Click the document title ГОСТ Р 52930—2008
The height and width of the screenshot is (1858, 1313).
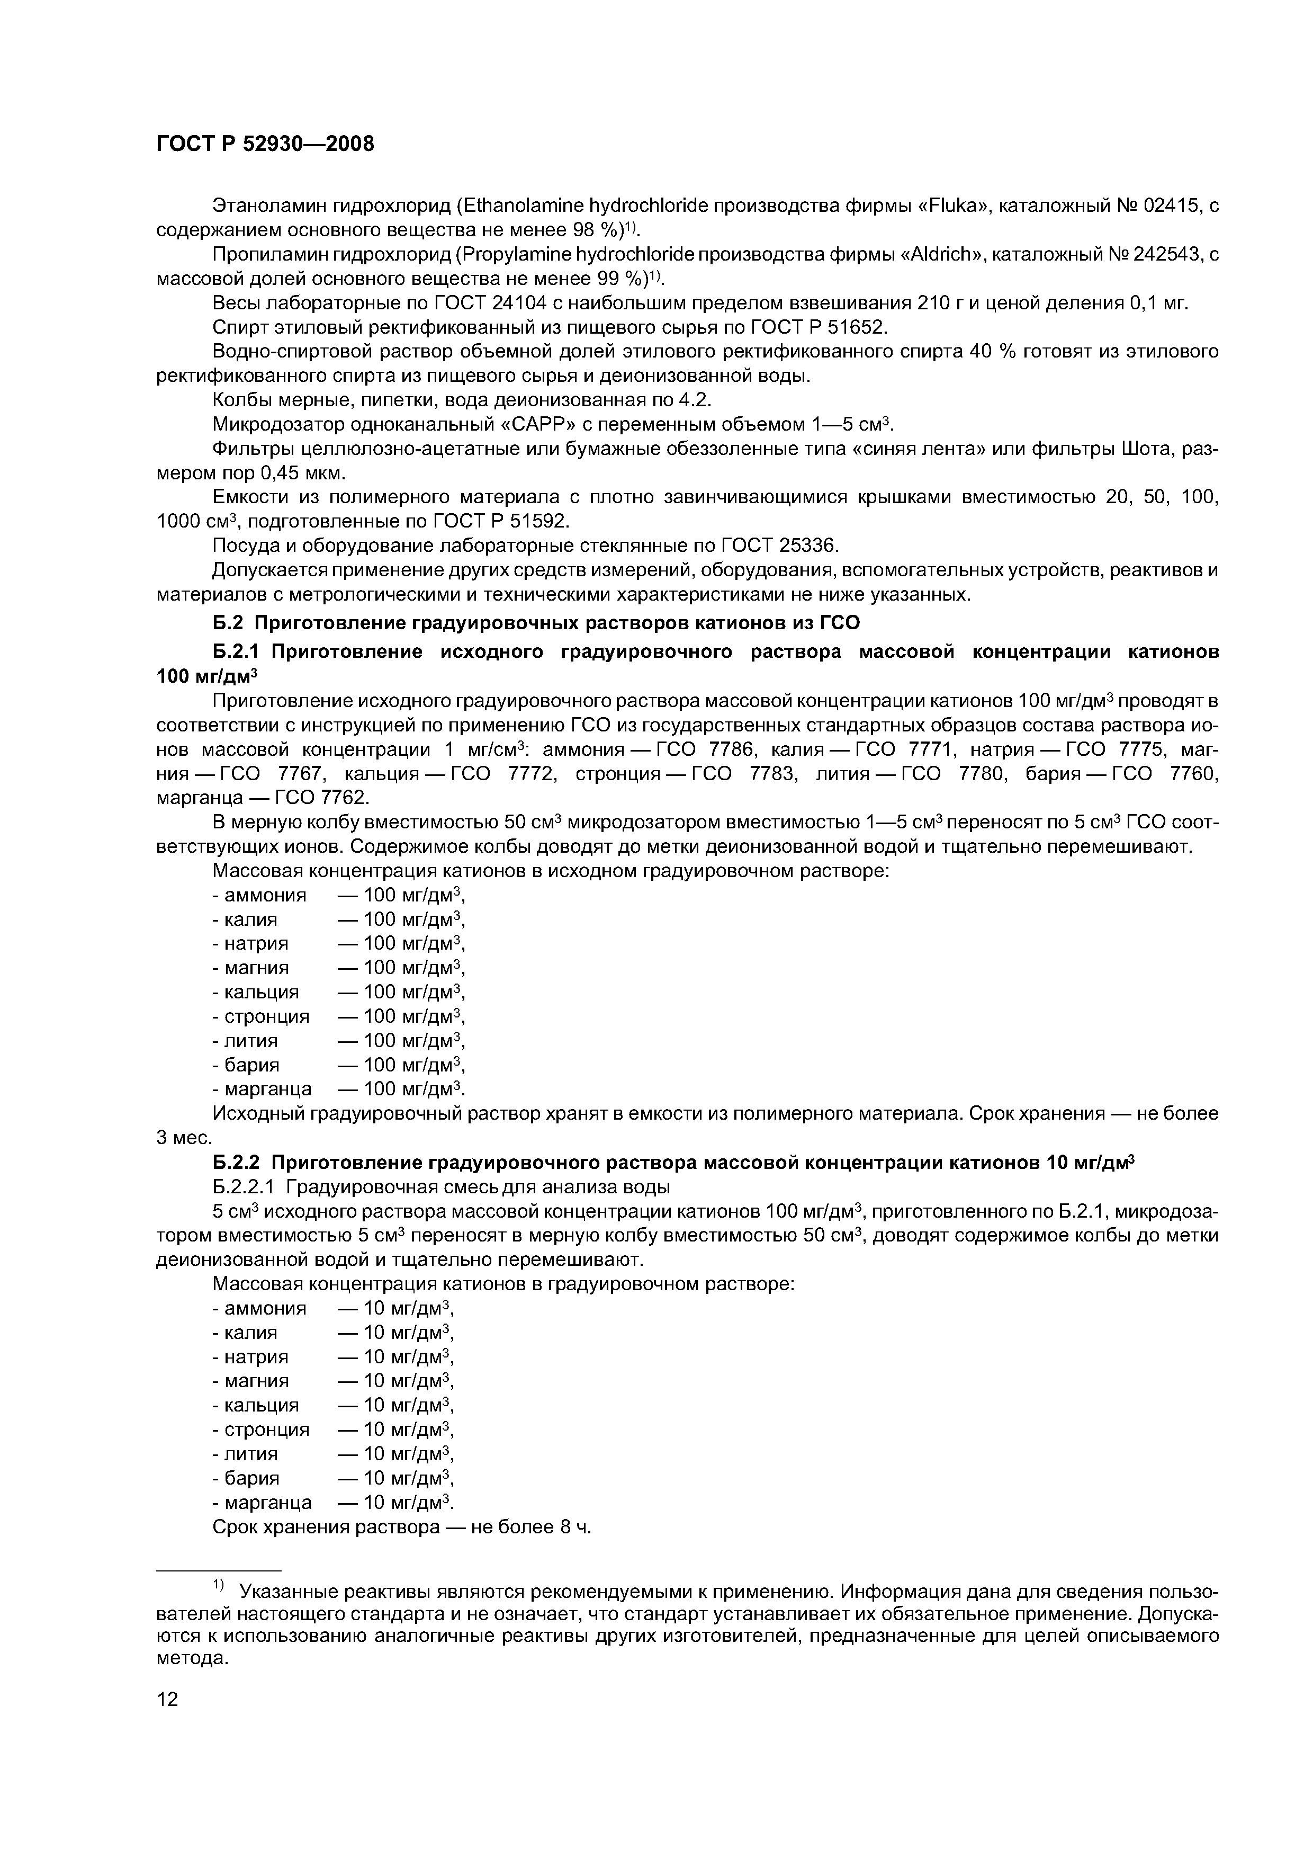[x=265, y=144]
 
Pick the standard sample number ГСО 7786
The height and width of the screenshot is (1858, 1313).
[x=700, y=749]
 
